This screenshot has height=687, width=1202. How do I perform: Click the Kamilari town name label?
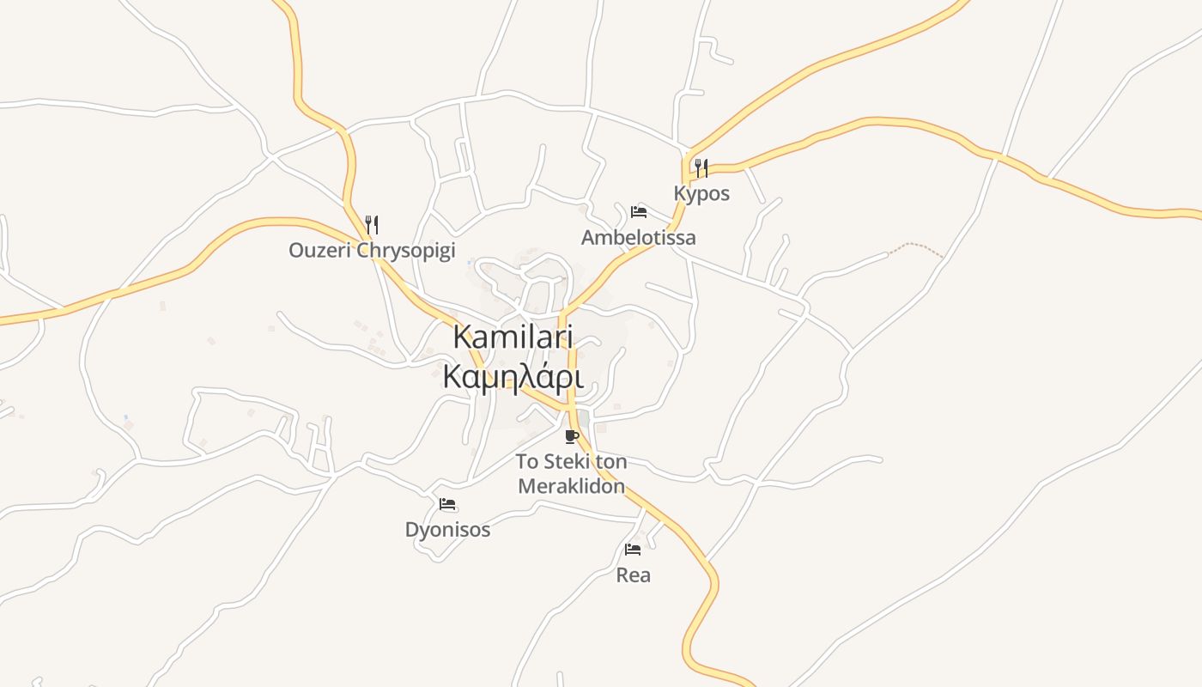(513, 337)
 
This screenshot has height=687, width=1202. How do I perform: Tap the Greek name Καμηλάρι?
(513, 377)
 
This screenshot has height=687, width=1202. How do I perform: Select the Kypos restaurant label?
(701, 194)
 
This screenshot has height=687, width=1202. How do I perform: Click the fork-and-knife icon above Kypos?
(701, 167)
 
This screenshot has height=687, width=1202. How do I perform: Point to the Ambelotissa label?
(638, 238)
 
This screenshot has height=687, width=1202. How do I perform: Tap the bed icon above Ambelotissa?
(638, 212)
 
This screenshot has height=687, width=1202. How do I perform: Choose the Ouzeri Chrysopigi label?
(371, 251)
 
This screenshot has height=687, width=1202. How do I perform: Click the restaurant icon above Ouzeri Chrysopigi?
(372, 225)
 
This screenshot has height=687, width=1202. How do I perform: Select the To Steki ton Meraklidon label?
(571, 473)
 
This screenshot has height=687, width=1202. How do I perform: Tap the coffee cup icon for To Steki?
(572, 436)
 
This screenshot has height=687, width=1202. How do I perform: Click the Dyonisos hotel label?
(447, 530)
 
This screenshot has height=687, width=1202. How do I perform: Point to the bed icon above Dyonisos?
(447, 504)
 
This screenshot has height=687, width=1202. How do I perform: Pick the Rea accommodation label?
(633, 575)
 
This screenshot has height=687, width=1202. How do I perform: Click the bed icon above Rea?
(633, 550)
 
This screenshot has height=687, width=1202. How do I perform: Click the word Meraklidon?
(571, 486)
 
